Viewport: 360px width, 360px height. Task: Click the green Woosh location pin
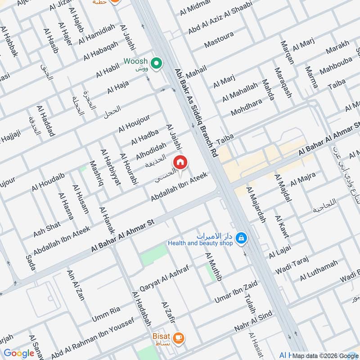pos(156,63)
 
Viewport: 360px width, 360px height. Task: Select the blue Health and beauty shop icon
pos(241,237)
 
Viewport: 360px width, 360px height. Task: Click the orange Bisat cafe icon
pos(179,337)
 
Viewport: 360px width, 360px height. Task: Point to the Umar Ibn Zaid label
pos(236,291)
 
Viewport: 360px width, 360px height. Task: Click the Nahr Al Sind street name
pos(253,321)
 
